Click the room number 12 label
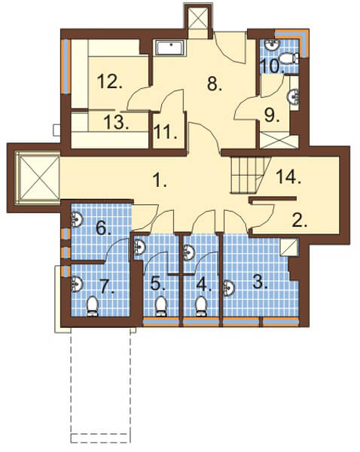coord(110,81)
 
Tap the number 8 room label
coord(215,84)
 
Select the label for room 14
coord(288,176)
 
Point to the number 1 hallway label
coord(160,182)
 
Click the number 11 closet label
coord(166,133)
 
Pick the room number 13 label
coord(116,122)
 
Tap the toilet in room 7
coord(93,307)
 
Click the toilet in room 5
coord(161,307)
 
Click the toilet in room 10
coord(289,59)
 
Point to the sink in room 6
coord(77,220)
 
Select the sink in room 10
coord(272,44)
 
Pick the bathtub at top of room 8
coord(171,47)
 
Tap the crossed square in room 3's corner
coord(289,246)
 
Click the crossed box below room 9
coord(279,140)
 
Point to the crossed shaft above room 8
coord(198,18)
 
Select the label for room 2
coord(300,221)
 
